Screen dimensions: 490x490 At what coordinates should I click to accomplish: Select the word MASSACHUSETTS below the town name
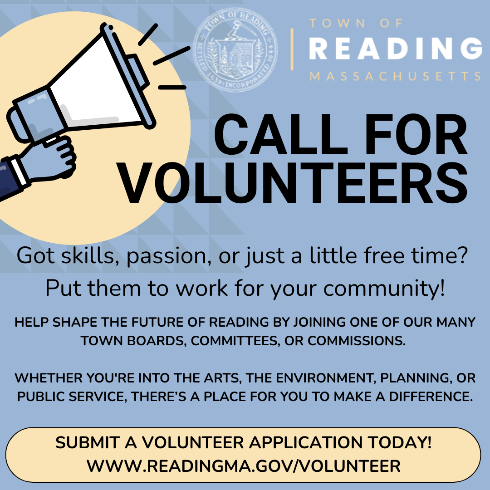[395, 76]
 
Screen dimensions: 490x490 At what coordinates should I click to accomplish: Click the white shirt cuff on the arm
[17, 171]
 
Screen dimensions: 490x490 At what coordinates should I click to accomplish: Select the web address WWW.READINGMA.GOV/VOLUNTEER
[244, 466]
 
